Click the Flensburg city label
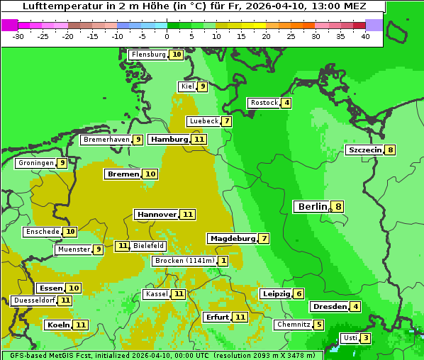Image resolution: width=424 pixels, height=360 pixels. point(148,55)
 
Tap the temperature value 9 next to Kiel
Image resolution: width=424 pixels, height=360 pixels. point(202,86)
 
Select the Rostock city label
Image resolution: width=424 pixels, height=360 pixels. point(264,103)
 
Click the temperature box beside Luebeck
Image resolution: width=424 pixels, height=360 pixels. point(226,121)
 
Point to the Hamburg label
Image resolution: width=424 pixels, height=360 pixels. point(169,140)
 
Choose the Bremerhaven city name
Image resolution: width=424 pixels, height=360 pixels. point(106,140)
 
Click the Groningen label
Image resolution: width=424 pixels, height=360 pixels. point(36,163)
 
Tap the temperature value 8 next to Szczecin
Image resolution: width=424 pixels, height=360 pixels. point(390,150)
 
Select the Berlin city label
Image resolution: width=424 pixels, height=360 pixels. point(313,207)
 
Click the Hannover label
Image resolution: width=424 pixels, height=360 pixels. point(157,214)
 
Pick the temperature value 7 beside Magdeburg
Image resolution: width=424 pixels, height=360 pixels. point(264,239)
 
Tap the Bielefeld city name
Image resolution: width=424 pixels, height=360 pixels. point(148,246)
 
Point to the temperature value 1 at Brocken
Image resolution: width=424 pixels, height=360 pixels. point(223,261)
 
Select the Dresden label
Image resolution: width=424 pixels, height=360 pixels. point(329,307)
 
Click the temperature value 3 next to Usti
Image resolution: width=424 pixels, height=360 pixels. point(365,338)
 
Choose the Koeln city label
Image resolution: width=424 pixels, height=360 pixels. point(57,325)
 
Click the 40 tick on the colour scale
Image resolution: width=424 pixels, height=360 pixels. point(365,36)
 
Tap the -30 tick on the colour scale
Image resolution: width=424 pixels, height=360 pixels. point(18,36)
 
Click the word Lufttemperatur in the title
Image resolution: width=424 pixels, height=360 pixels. point(57,6)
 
